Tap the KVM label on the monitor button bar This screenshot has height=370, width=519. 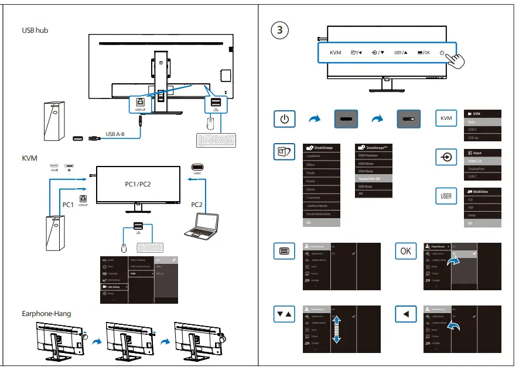pos(335,53)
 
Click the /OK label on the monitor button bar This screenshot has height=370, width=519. pos(424,53)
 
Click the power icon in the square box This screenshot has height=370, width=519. pos(284,119)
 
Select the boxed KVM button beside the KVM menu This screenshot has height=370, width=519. pos(446,119)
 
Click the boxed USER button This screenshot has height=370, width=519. pos(446,196)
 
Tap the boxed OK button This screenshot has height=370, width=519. pos(406,251)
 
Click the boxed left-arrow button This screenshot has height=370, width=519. pos(406,315)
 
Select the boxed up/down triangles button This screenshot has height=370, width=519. pos(284,315)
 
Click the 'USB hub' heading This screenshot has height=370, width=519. pos(35,30)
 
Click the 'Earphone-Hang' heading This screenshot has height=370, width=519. pos(46,314)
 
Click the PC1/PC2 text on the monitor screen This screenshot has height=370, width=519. pos(138,184)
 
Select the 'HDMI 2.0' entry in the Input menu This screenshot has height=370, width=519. pos(475,160)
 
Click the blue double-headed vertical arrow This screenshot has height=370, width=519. pos(337,329)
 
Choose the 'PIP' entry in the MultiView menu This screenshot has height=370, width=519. pos(472,200)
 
